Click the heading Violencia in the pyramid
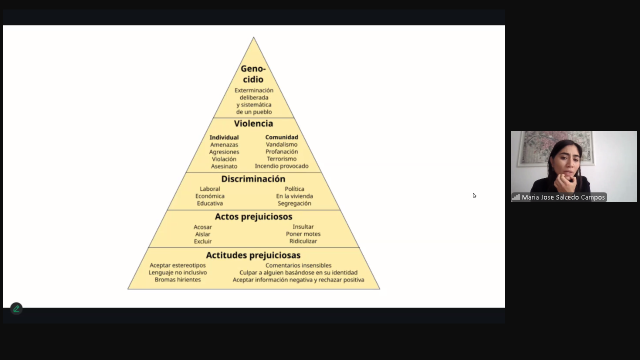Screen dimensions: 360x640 253,123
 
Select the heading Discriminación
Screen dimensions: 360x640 253,179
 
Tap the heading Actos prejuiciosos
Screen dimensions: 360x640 253,216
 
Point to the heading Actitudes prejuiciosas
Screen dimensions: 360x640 253,255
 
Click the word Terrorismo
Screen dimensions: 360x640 281,159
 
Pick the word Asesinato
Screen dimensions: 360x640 224,166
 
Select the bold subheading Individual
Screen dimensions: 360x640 224,137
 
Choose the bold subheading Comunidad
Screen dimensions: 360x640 281,137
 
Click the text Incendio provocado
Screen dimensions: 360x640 281,166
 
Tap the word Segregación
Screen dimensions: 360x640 294,203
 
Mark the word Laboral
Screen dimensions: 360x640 210,189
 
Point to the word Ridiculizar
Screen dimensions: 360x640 303,241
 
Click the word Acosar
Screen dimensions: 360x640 203,227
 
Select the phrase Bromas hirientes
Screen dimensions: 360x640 177,279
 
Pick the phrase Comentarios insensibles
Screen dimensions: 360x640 298,265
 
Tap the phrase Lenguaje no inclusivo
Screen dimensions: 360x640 177,272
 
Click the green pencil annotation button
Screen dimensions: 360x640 16,308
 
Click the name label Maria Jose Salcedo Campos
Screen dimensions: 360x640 563,197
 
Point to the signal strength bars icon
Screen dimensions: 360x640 516,197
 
